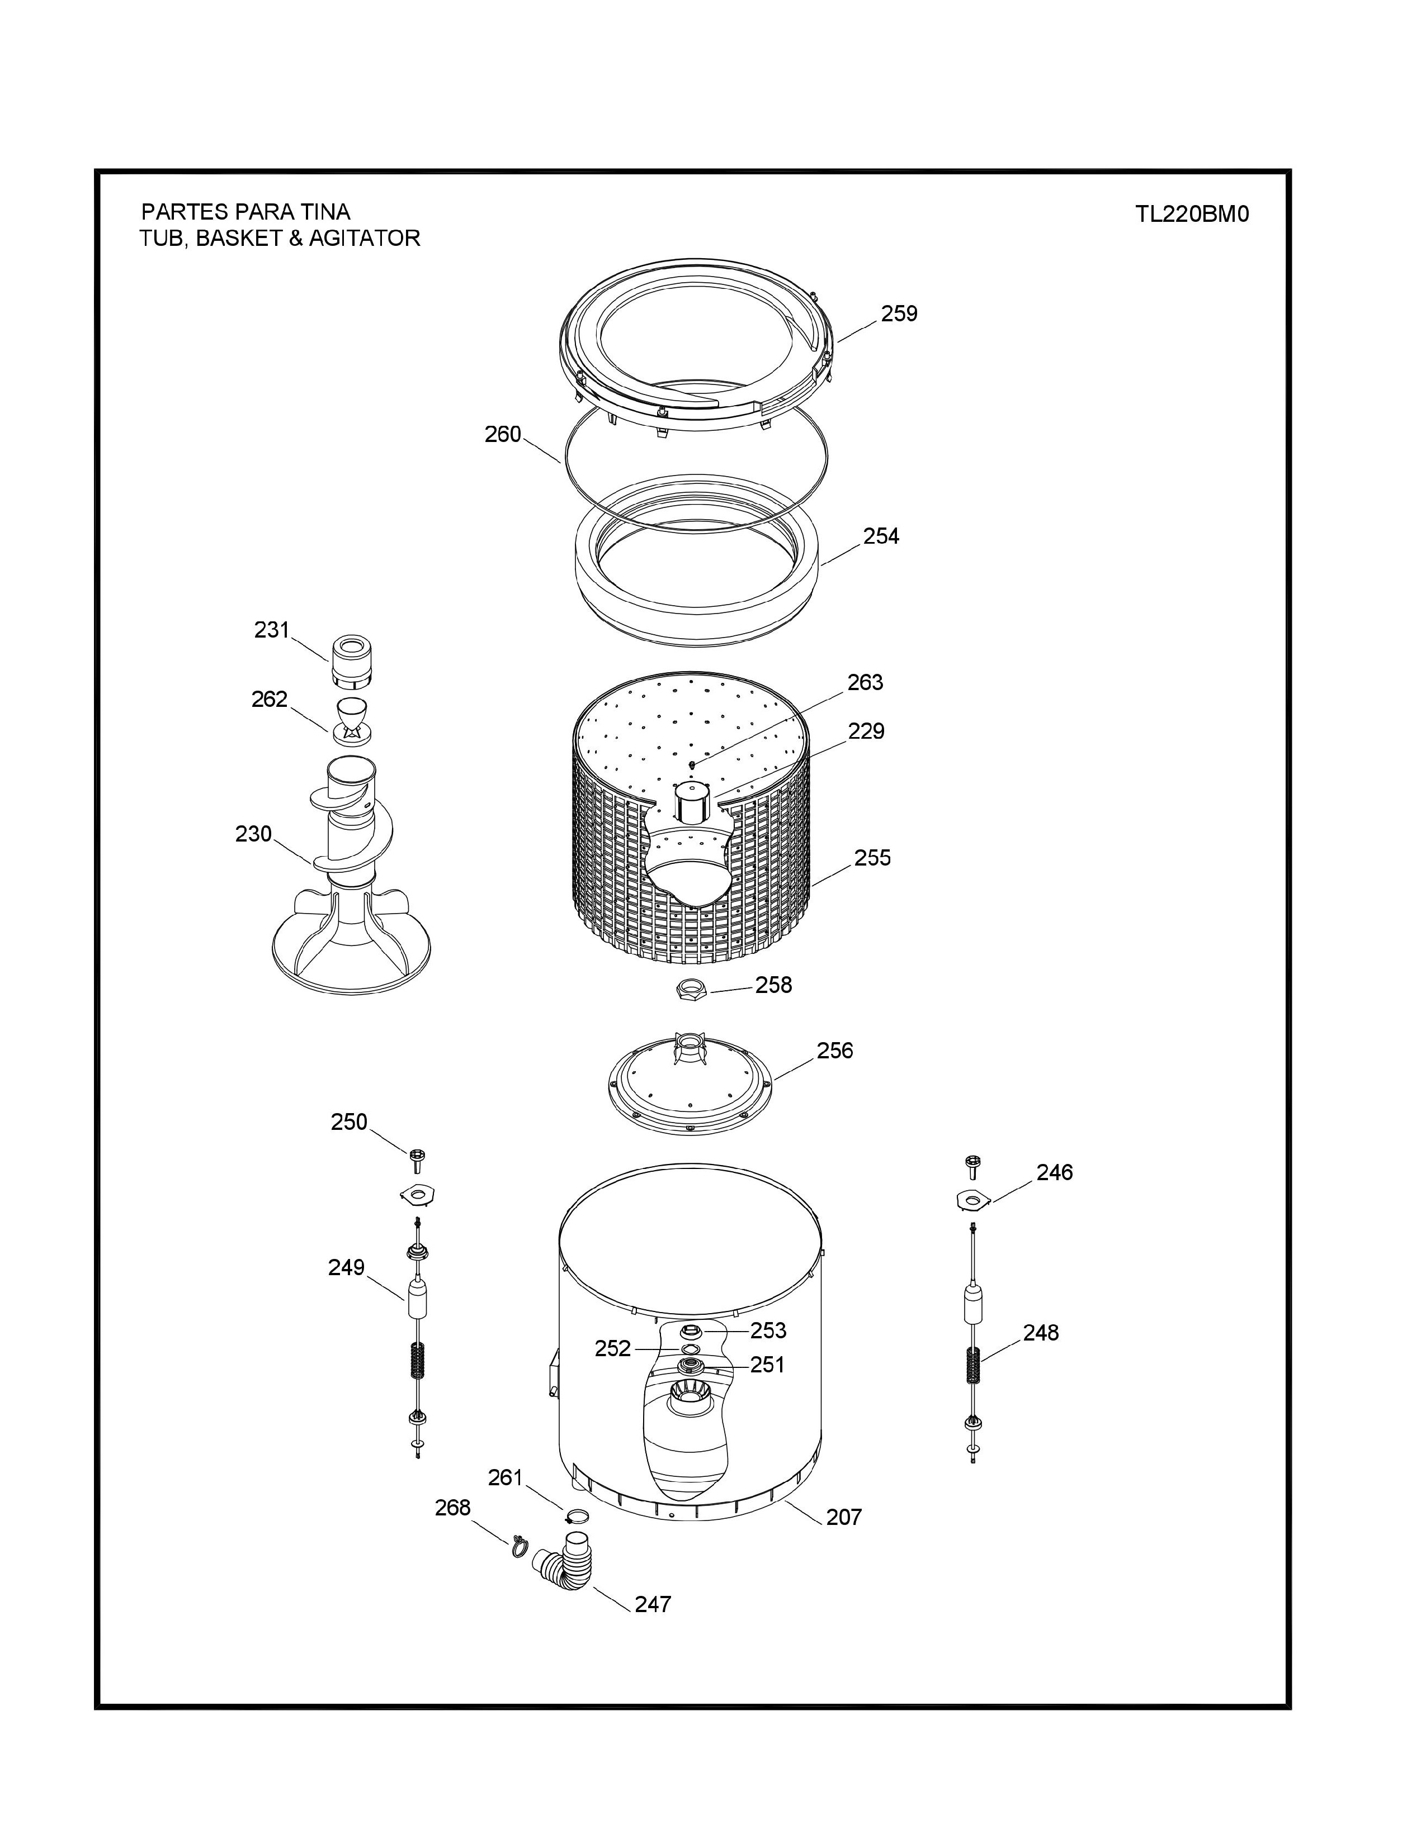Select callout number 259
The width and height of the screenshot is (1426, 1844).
pyautogui.click(x=899, y=313)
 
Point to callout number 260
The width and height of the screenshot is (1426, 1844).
pyautogui.click(x=503, y=434)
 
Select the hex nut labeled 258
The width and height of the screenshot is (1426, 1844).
pyautogui.click(x=691, y=988)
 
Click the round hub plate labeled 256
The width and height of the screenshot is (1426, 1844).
pyautogui.click(x=691, y=1085)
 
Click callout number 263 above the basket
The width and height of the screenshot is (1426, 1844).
pyautogui.click(x=865, y=682)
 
